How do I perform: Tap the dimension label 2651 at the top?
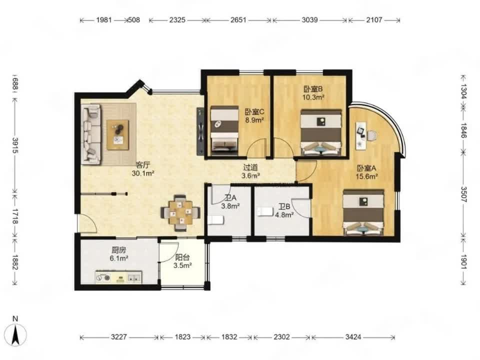click(x=238, y=20)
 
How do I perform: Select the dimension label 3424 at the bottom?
click(x=353, y=337)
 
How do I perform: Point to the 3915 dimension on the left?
click(x=14, y=145)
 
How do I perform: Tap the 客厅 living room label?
click(x=143, y=165)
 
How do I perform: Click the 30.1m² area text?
click(x=143, y=173)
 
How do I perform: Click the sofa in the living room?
click(x=91, y=134)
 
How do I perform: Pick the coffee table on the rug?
click(x=117, y=134)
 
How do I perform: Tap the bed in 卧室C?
click(x=224, y=129)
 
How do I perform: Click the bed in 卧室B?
click(x=321, y=132)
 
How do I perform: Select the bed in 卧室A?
click(x=363, y=212)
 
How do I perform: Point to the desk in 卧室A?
click(x=361, y=135)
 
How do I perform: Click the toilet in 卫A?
click(x=216, y=220)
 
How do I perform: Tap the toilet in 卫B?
click(x=265, y=211)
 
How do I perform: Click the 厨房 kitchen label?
click(x=118, y=250)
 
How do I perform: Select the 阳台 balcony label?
click(x=182, y=257)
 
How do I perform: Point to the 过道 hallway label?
click(x=250, y=167)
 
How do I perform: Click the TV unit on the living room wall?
click(x=200, y=131)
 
